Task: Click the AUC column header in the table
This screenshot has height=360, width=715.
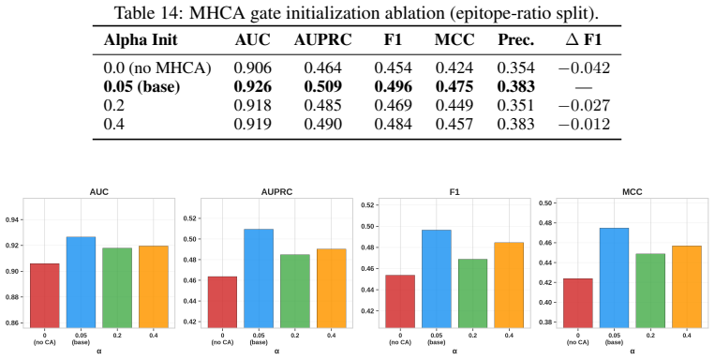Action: coord(253,40)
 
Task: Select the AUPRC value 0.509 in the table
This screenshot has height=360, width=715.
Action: coord(322,86)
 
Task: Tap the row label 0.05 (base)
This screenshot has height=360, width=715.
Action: coord(142,86)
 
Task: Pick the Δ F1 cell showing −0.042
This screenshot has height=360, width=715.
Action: coord(584,68)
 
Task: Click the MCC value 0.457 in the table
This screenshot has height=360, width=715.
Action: coord(454,124)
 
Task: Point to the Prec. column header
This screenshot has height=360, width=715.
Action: coord(515,40)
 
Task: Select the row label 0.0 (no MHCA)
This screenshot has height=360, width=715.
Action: coord(157,68)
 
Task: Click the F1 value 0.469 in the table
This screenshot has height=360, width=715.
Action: coord(393,105)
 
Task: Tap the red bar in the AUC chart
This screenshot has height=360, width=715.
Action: coord(45,295)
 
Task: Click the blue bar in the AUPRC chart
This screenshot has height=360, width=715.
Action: coord(259,278)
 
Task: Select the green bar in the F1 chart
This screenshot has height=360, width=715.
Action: coord(472,293)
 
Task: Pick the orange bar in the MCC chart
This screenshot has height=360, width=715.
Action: coord(687,287)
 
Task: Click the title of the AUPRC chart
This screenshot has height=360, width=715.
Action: coord(276,192)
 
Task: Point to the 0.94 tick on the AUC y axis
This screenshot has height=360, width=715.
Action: coord(12,220)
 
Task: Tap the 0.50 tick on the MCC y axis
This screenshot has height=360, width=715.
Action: coord(545,203)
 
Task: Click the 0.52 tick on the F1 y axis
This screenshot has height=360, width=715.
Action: coord(367,205)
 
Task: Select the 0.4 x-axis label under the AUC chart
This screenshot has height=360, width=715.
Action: coord(154,336)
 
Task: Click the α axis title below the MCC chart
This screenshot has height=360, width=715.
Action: coord(632,352)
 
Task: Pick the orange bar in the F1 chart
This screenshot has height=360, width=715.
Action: coord(509,285)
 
